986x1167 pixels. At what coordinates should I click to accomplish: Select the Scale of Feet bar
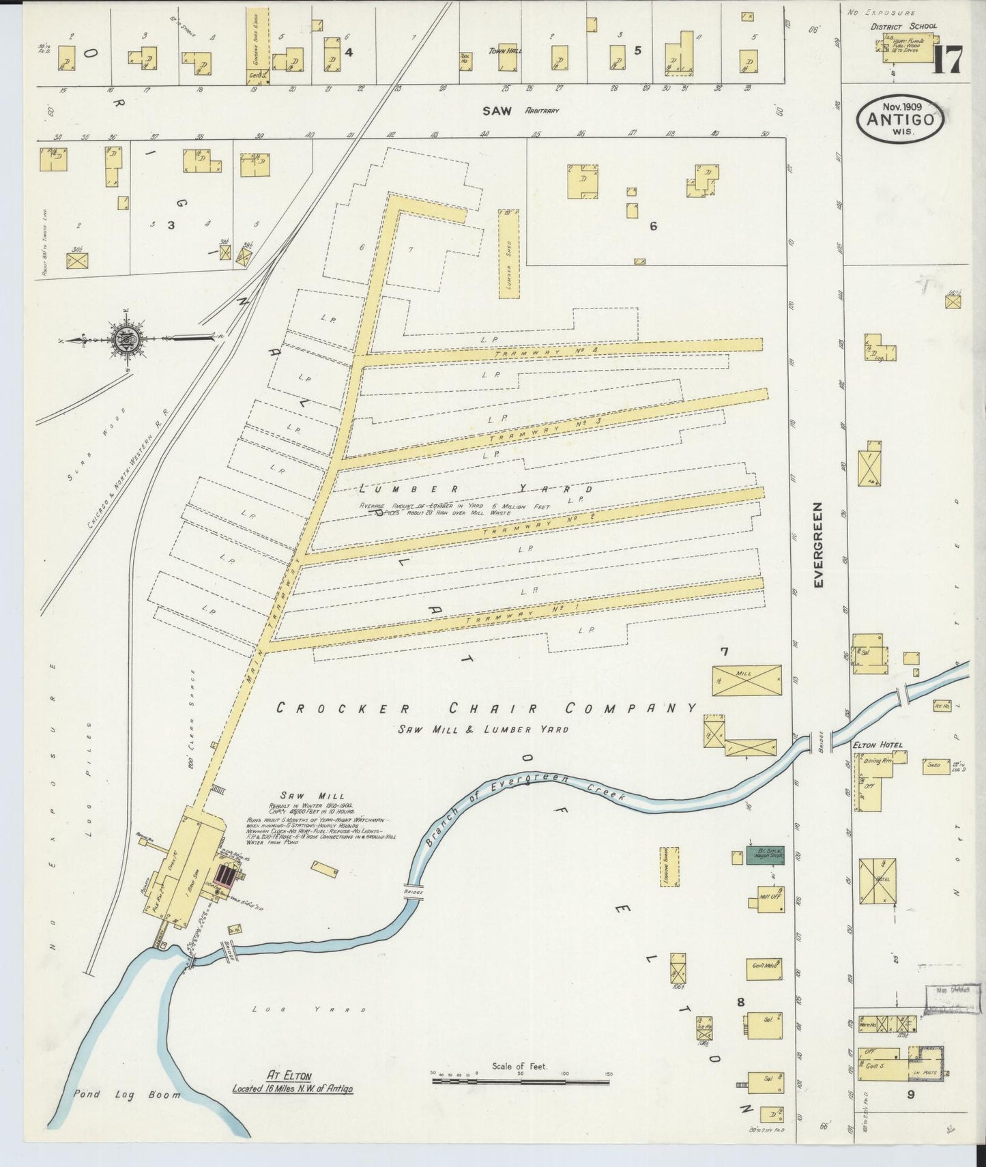(521, 1081)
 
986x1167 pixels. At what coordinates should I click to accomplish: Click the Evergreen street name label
(820, 545)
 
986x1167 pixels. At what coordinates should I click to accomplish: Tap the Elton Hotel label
(878, 745)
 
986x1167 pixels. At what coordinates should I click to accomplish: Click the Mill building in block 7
(746, 680)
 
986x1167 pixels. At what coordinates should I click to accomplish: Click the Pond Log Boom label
(128, 1094)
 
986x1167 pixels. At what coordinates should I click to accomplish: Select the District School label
(903, 27)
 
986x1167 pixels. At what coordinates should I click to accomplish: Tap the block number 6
(653, 227)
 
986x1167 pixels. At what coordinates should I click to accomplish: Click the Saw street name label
(497, 111)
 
